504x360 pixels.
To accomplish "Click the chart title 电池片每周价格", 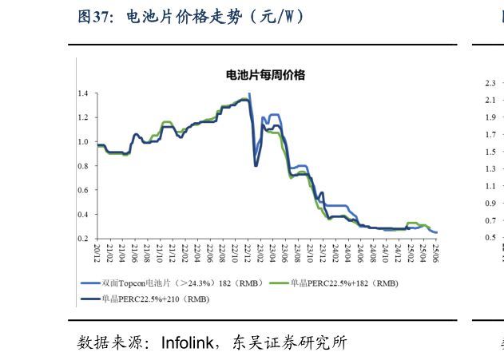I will click(x=267, y=76).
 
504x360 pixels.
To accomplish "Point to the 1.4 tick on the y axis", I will click(x=83, y=94).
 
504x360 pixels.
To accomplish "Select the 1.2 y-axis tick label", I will click(x=83, y=118).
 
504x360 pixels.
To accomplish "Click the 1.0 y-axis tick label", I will click(x=83, y=142).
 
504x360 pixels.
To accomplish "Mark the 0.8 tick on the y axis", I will click(x=83, y=166).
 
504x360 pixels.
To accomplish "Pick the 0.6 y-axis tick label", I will click(x=83, y=191).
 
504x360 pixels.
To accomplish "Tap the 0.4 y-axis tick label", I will click(x=83, y=215).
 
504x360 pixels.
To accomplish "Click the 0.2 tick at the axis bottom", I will click(x=83, y=239).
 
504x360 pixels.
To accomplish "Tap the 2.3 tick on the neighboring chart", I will click(x=490, y=83).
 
